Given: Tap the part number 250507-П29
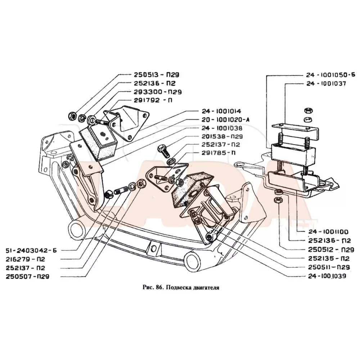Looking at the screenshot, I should pos(27,276).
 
